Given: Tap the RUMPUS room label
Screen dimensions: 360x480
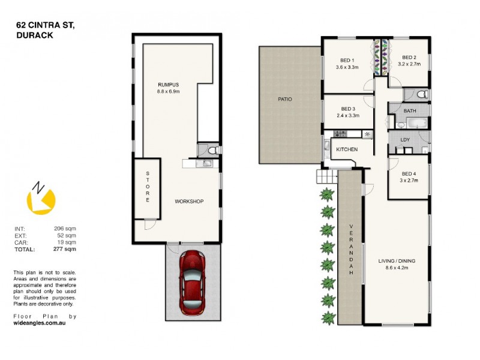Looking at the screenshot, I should (169, 85).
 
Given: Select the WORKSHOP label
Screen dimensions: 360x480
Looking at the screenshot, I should (189, 201).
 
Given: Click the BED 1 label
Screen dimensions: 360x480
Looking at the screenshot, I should (347, 60).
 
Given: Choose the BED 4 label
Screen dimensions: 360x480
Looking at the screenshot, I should (409, 173).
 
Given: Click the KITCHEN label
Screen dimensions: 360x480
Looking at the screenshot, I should (347, 149).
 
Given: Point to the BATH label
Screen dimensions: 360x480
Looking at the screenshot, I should (410, 111).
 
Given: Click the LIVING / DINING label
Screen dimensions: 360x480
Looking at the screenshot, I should (397, 261).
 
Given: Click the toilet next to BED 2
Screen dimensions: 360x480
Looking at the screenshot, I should (421, 94).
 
